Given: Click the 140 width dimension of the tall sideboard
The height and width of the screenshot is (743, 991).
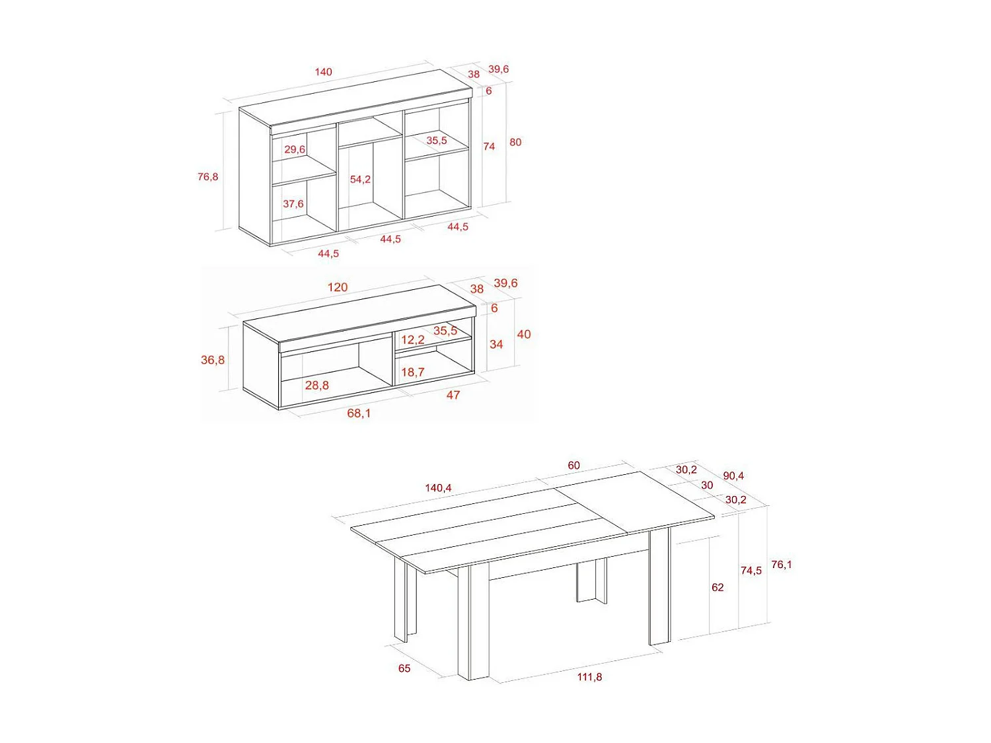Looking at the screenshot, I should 323,72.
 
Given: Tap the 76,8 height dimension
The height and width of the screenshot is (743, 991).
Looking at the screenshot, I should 207,176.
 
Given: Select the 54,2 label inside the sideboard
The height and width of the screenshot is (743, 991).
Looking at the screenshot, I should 360,180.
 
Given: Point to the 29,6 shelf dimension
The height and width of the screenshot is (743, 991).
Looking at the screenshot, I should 295,150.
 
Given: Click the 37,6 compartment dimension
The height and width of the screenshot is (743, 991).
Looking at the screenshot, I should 293,204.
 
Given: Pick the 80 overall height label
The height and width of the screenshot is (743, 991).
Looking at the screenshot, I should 515,142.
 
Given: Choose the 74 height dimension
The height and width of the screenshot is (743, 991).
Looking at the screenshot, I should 489,147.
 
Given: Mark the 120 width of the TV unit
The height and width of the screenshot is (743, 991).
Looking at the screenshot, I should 338,287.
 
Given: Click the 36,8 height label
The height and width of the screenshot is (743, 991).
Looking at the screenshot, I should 213,360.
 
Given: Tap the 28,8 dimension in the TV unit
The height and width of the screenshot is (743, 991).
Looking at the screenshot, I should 317,385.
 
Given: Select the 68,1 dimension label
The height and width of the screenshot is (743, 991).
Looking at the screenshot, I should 359,413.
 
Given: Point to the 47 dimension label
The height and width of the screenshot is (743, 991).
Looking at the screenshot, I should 453,395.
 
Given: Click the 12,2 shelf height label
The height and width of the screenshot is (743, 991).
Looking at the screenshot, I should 413,340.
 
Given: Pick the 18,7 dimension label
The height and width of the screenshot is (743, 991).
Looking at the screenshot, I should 413,372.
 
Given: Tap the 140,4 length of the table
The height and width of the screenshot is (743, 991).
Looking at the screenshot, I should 438,488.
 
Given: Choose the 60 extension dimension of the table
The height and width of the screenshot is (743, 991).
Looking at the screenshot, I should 573,466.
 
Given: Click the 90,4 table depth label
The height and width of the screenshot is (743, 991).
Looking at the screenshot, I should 733,476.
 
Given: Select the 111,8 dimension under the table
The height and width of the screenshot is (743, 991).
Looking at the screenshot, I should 589,677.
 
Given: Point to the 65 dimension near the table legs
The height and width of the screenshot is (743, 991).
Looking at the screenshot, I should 404,668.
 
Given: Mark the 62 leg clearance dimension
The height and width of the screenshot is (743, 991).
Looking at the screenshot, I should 717,587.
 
